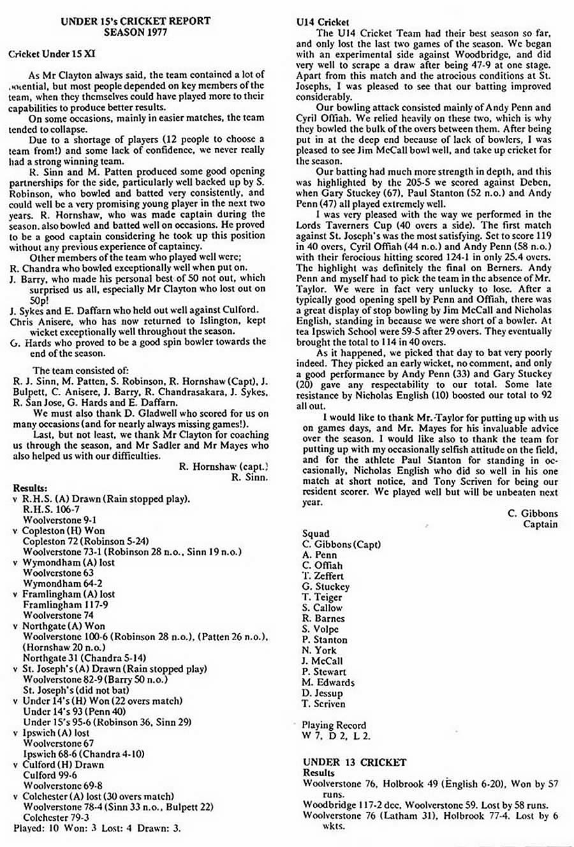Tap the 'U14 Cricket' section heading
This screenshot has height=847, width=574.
pos(323,22)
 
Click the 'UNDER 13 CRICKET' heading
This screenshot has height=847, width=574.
pos(355,762)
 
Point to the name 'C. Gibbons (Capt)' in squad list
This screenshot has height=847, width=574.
pos(341,544)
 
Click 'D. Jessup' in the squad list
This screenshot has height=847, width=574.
pos(322,693)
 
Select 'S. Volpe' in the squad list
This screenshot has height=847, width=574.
pos(321,629)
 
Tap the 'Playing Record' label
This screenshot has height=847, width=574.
pos(334,725)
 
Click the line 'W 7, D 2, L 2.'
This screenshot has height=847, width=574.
pos(336,735)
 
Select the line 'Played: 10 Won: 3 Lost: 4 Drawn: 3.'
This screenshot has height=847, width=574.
pos(97,828)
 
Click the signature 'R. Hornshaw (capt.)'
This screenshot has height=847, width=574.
pos(224,467)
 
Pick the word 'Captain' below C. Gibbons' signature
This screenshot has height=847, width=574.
pos(540,524)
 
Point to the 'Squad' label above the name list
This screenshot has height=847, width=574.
pos(316,534)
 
